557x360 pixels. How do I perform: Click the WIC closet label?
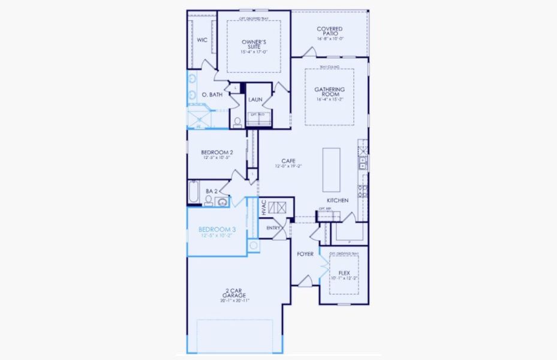pos(202,40)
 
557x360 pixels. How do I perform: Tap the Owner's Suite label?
pos(254,44)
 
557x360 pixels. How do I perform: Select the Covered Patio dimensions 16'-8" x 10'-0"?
pos(329,39)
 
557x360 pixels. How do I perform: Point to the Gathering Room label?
pos(329,92)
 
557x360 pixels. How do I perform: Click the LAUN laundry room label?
pos(255,100)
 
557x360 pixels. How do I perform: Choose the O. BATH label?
pos(212,94)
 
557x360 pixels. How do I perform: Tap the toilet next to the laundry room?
pos(237,122)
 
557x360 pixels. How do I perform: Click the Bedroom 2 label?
pos(216,152)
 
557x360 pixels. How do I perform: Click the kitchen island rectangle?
pos(332,169)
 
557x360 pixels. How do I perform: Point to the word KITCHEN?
pos(338,200)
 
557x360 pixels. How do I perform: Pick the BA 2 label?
pos(211,191)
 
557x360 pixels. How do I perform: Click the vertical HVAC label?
pos(264,208)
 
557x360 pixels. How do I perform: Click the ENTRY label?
pos(273,227)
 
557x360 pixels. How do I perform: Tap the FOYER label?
pos(305,254)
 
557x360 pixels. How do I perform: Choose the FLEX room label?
pos(344,272)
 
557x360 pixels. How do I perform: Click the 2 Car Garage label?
pos(234,294)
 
